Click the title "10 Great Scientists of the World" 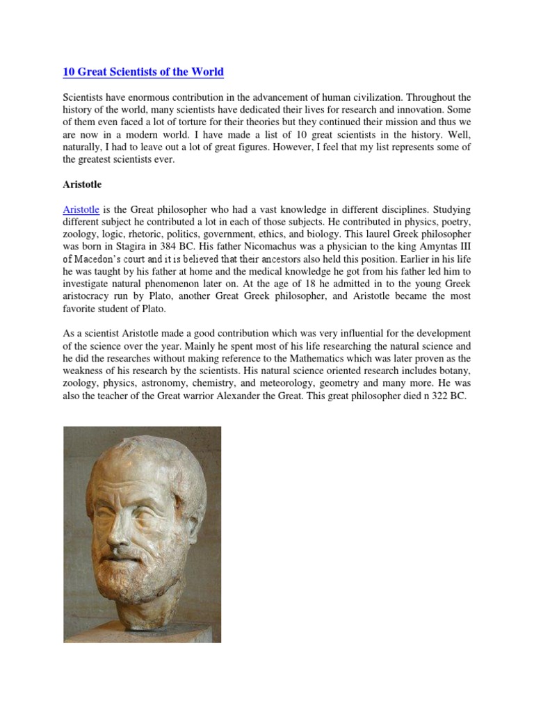[144, 72]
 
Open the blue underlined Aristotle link [82, 209]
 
